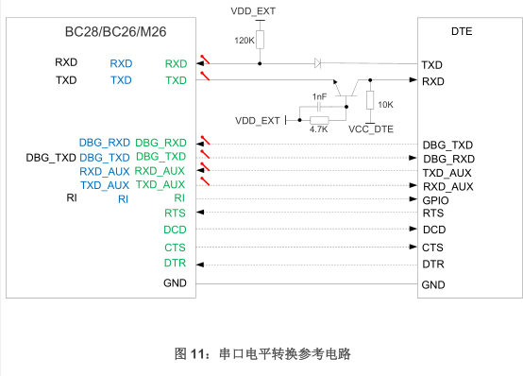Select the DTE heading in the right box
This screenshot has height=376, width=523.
click(463, 32)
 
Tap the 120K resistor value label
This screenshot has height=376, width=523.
click(244, 41)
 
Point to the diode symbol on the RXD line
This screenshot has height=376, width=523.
click(318, 63)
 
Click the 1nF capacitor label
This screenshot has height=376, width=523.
click(319, 97)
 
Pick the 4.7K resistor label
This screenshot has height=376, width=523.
click(318, 128)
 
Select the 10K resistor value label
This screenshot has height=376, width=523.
click(385, 104)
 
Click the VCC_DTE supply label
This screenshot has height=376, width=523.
click(370, 128)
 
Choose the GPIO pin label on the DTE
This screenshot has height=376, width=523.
click(435, 200)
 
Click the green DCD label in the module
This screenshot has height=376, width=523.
click(175, 230)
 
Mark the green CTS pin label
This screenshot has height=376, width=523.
click(175, 247)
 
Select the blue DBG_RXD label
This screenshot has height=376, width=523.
click(105, 143)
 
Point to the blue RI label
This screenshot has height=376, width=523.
click(123, 199)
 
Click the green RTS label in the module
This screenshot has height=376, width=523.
click(175, 214)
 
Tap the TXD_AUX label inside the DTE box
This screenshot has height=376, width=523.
click(447, 172)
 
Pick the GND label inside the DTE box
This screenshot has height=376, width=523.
click(433, 284)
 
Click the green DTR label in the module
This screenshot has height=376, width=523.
click(175, 263)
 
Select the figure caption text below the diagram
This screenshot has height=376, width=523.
click(261, 353)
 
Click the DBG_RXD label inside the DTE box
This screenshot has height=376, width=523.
click(448, 159)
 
